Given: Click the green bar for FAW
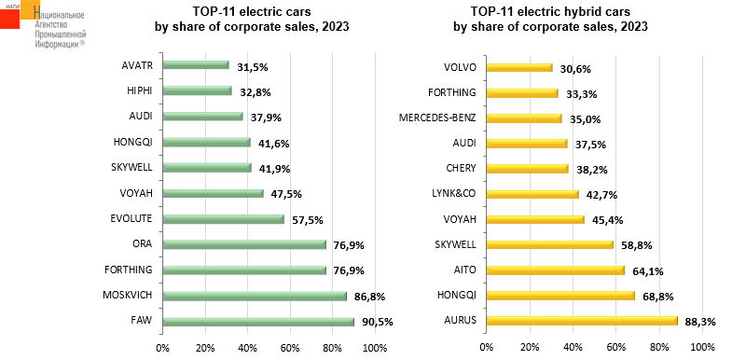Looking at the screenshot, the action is pos(258,322).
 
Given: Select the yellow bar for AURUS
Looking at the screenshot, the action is pos(582,321).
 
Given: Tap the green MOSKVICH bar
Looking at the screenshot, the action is pos(255,297).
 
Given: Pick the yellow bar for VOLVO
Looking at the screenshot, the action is pos(519,68).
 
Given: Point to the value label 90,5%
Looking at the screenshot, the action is pos(378,322).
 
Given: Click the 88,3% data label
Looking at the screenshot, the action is pos(700,322).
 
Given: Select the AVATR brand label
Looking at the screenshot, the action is pos(137,65).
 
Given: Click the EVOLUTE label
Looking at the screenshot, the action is pos(131,218).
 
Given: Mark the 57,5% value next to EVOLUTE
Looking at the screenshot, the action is pos(308,220).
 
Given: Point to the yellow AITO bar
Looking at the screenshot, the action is pos(556,270).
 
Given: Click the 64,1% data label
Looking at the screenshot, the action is pos(647,271).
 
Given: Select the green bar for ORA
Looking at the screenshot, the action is pos(244,245).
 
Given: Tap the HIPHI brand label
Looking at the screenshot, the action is pos(139,90).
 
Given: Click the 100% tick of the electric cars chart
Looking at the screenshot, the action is pos(375,347).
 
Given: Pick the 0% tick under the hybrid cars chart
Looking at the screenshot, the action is pos(486,347).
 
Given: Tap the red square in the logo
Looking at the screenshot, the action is pos(9,19).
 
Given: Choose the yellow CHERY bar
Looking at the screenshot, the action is pos(528,169).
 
